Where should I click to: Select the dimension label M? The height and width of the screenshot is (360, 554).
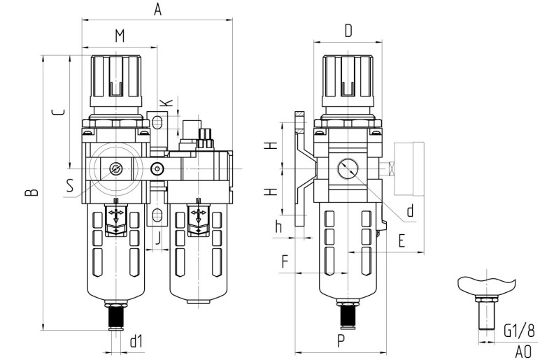120,36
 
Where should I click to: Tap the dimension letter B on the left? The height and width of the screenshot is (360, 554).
30,190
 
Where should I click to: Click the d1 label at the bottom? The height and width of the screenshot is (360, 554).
136,340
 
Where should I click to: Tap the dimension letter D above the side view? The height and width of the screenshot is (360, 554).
349,31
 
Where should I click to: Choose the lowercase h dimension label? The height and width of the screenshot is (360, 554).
279,226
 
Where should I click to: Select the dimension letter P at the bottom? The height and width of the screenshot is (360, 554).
341,340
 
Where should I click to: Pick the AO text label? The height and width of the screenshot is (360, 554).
525,351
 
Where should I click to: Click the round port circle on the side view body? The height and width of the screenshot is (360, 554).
348,169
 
